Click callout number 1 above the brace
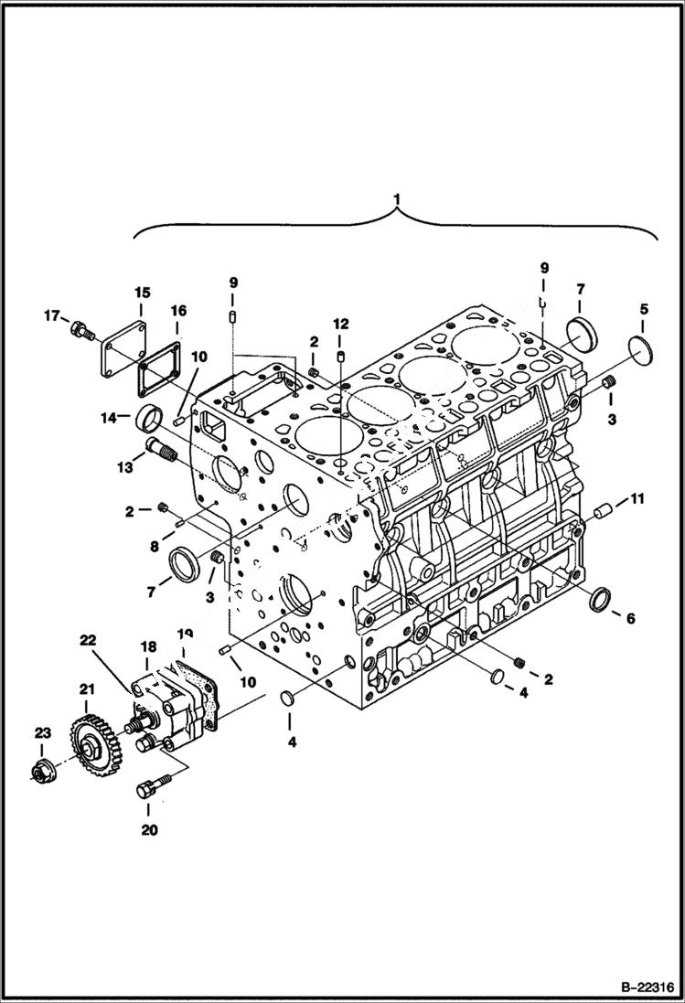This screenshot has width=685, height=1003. tap(396, 197)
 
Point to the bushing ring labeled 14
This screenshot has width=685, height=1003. tap(148, 421)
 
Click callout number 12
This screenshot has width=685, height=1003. tap(340, 324)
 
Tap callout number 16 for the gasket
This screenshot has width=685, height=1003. tap(177, 312)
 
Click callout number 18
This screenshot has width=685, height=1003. tap(148, 646)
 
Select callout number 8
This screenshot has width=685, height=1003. tap(155, 546)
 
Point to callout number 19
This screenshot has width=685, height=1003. tap(186, 634)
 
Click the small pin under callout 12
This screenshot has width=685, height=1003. tap(340, 355)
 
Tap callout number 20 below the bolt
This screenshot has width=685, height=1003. tap(148, 830)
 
